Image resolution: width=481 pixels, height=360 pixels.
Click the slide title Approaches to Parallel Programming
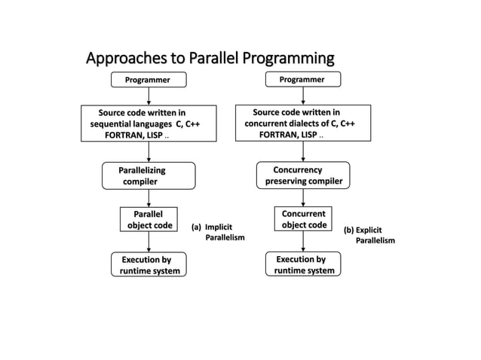click(x=210, y=58)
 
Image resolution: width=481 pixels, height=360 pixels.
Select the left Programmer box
click(x=148, y=80)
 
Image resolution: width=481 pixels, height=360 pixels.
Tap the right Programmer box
click(x=302, y=79)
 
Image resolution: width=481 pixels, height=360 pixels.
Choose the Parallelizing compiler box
click(x=149, y=175)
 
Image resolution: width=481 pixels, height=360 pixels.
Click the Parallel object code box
click(x=149, y=219)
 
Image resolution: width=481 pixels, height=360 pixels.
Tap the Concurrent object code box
click(x=303, y=219)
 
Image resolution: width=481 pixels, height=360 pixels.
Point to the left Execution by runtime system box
click(x=149, y=265)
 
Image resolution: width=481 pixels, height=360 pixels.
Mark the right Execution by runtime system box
click(x=303, y=264)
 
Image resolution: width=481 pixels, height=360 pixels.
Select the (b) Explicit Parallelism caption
click(x=369, y=235)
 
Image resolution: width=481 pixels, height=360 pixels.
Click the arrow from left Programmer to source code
click(x=149, y=96)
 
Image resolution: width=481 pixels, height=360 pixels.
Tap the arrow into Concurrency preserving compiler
click(x=303, y=151)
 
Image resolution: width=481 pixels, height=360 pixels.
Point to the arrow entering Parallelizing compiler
click(x=149, y=151)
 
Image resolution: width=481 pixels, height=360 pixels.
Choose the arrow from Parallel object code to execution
click(x=149, y=242)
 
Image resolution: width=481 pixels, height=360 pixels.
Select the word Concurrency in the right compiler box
click(x=297, y=169)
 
